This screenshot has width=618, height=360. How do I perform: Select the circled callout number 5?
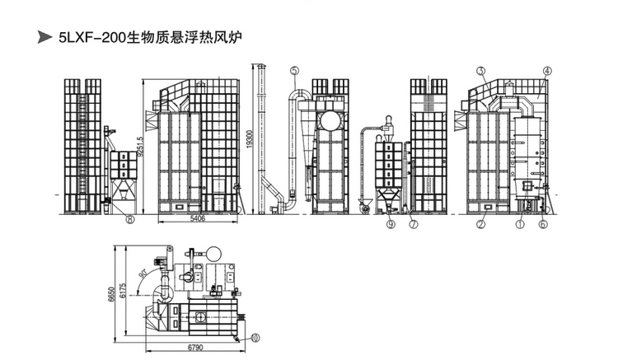click(294, 72)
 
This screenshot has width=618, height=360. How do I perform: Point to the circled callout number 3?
click(480, 72)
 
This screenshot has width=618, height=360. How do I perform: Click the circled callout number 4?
click(546, 72)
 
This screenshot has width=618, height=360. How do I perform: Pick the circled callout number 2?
click(480, 222)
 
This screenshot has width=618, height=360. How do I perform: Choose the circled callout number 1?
click(520, 222)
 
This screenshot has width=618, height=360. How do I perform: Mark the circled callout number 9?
click(390, 223)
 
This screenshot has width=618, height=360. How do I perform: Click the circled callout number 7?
click(414, 223)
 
